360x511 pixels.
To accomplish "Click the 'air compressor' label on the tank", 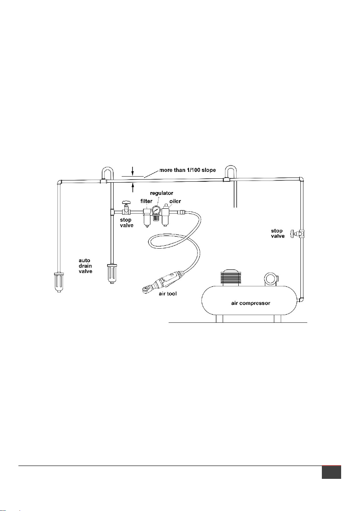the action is [x=251, y=303].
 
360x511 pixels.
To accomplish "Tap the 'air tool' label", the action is [x=168, y=294].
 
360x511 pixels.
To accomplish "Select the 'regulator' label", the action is [x=162, y=193].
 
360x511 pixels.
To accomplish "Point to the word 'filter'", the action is [x=146, y=201].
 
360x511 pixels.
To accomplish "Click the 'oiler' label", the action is [x=175, y=201].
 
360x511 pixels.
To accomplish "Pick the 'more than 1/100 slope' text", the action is [x=187, y=170].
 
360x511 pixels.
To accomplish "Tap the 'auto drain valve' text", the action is [x=85, y=266].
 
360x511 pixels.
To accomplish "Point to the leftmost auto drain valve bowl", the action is [x=59, y=281].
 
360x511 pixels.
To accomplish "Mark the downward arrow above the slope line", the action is [x=132, y=171].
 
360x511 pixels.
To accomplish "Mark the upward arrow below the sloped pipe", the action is [x=132, y=188].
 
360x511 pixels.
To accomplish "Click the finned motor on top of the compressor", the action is [x=230, y=278].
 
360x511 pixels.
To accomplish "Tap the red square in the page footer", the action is [x=331, y=472].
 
